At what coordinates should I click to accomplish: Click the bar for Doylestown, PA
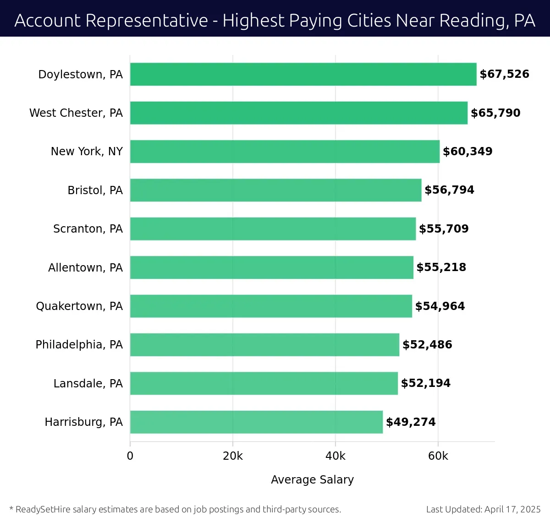coord(303,74)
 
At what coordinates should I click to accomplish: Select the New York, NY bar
coord(285,152)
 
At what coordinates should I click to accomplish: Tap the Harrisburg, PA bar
coord(256,422)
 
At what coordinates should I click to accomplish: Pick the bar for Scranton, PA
coord(273,229)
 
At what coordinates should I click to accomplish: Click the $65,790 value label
coord(495,113)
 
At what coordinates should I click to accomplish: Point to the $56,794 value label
coord(449,190)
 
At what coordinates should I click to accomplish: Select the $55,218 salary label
coord(441,267)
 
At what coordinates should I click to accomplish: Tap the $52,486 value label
coord(427,345)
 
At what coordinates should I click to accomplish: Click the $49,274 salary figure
coord(411,422)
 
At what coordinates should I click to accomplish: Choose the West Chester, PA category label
coord(76,113)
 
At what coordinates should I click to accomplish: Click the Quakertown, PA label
coord(79,306)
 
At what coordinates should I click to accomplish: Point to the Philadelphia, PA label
coord(79,345)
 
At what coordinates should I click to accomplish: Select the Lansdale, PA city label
coord(88,383)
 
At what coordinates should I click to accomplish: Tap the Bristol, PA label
coord(95,190)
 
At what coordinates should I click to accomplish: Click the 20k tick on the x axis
coord(233,456)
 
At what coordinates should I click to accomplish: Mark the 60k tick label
coord(438,456)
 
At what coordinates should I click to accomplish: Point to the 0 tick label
coord(130,456)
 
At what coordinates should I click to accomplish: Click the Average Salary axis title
coord(312,480)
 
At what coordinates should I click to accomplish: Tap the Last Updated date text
coord(483,509)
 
